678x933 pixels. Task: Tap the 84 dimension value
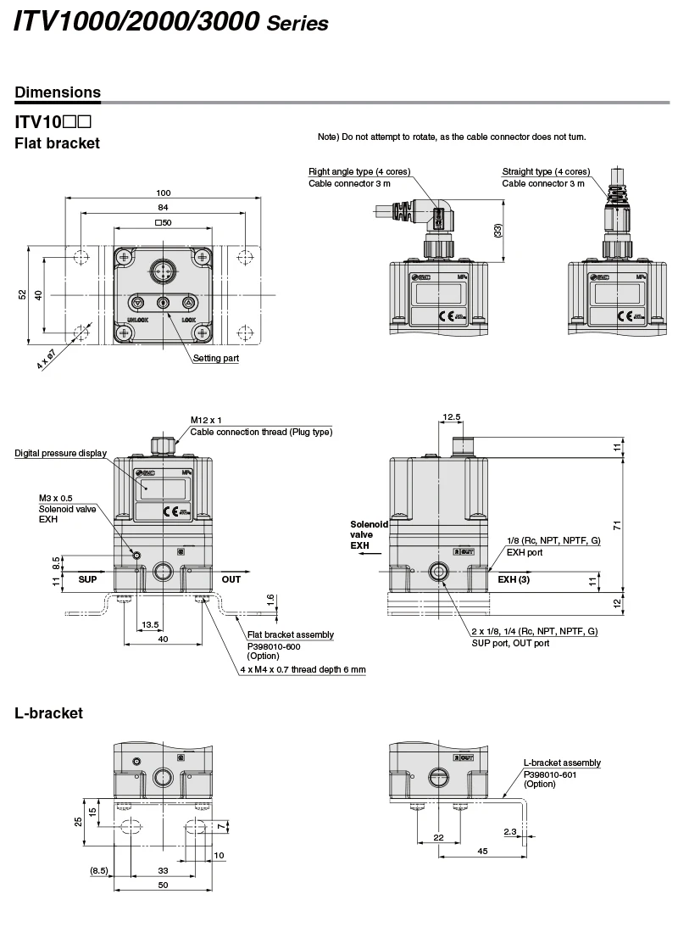coord(164,207)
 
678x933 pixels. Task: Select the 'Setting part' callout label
coord(216,359)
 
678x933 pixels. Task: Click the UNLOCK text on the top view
coord(138,320)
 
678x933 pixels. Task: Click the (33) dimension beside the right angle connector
coord(497,229)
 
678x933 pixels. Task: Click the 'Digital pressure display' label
coord(61,453)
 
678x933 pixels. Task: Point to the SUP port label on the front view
coord(88,579)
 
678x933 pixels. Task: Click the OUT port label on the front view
coord(231,579)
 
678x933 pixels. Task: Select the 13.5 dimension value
coord(150,625)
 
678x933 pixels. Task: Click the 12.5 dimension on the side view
coord(452,417)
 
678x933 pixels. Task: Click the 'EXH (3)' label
coord(514,579)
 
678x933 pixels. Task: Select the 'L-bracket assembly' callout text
coord(562,763)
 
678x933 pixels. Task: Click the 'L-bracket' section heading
coord(49,713)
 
